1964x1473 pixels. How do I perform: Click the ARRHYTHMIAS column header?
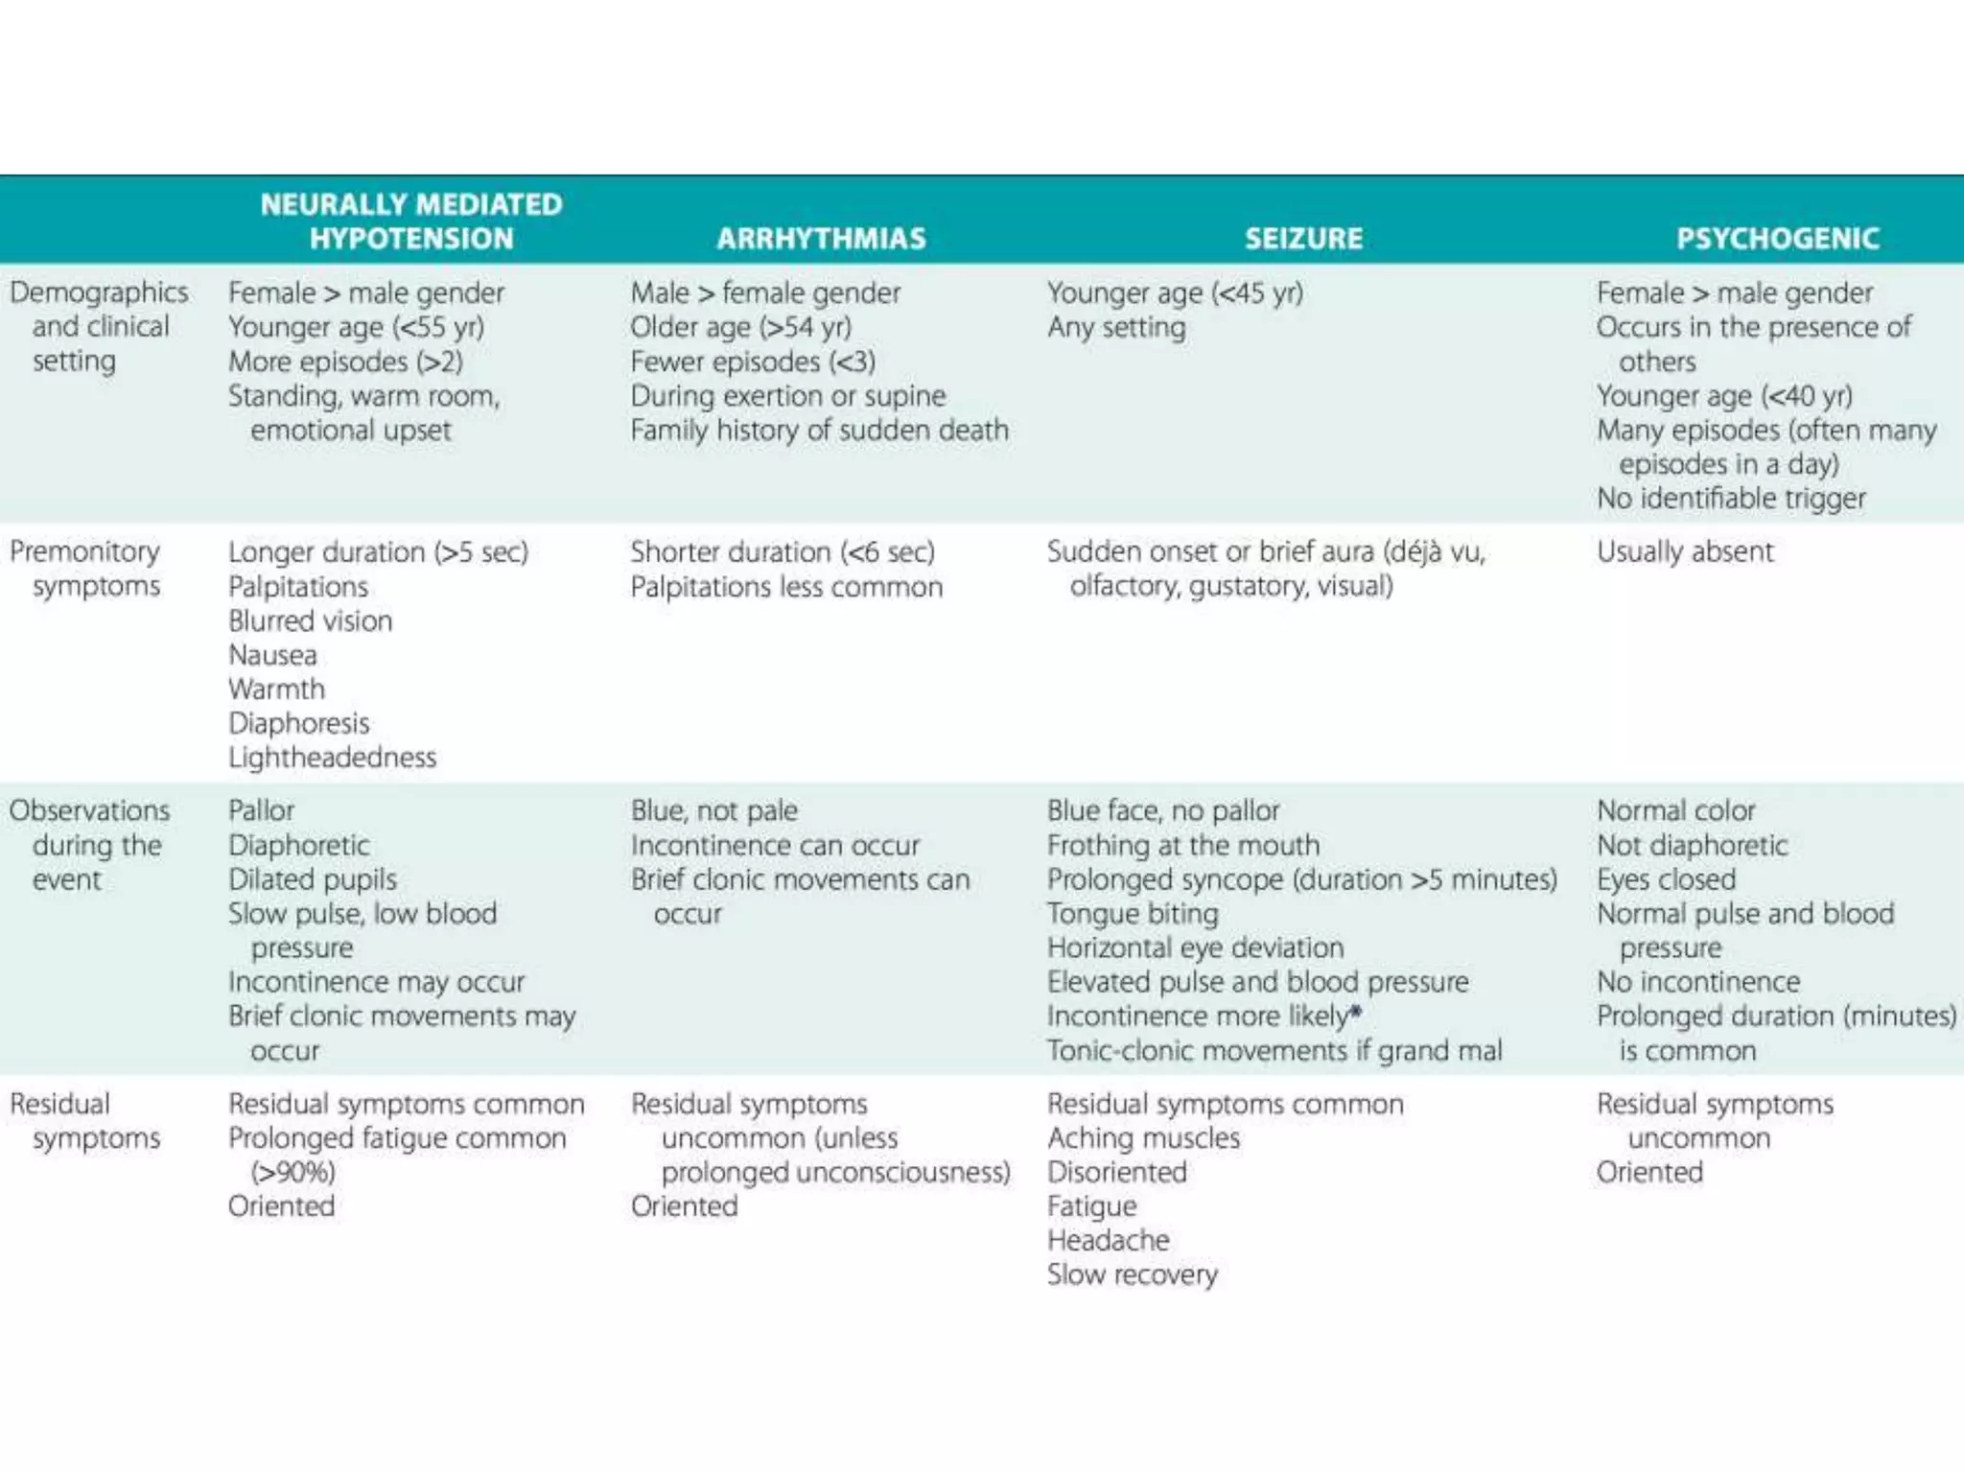821,238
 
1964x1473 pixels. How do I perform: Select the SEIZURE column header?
1303,238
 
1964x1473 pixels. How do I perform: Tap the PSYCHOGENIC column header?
1777,238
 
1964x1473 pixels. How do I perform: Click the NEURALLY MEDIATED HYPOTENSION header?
411,222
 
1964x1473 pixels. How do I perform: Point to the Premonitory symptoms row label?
86,569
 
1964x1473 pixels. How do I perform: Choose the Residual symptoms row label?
86,1121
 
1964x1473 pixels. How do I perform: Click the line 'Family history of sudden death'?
819,431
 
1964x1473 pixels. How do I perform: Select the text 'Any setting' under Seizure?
1116,328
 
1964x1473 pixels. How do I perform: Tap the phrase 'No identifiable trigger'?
1731,499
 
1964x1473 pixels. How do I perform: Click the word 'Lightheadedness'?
332,758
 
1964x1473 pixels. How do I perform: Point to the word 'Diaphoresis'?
298,723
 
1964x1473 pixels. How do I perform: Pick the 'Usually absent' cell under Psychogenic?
1685,551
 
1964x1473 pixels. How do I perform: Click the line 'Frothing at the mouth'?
1183,845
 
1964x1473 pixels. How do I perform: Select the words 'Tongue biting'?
1133,914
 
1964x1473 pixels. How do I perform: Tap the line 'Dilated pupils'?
312,879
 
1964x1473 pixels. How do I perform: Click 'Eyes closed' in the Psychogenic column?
1666,879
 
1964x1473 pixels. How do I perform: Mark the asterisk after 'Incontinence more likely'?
1356,1012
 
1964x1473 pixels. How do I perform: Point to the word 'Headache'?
1108,1240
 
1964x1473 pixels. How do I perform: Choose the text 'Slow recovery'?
1132,1274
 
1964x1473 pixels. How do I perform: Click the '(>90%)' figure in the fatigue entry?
292,1172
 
